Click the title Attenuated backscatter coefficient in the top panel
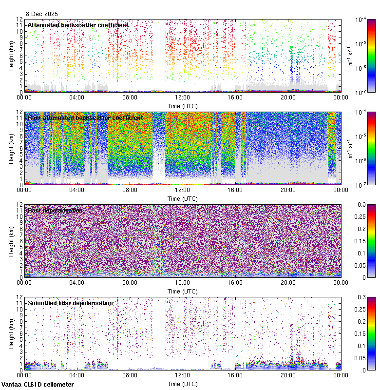[78, 25]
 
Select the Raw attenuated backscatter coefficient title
[85, 117]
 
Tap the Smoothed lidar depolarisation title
[70, 303]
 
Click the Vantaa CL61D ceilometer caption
[38, 385]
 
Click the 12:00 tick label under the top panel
[182, 97]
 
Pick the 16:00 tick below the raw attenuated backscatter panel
[235, 190]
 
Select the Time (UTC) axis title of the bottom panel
[182, 384]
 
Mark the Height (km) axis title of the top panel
[11, 55]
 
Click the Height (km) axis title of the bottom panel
[11, 333]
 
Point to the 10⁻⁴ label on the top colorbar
[361, 19]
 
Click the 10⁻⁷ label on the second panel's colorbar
[361, 185]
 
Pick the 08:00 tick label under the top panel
[130, 97]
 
